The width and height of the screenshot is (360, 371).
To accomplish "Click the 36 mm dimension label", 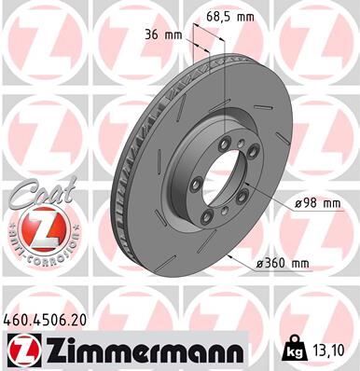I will click(x=163, y=36).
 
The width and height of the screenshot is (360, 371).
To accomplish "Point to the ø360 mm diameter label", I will click(x=285, y=265).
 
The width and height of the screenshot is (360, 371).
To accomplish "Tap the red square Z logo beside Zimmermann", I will click(x=18, y=350).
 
